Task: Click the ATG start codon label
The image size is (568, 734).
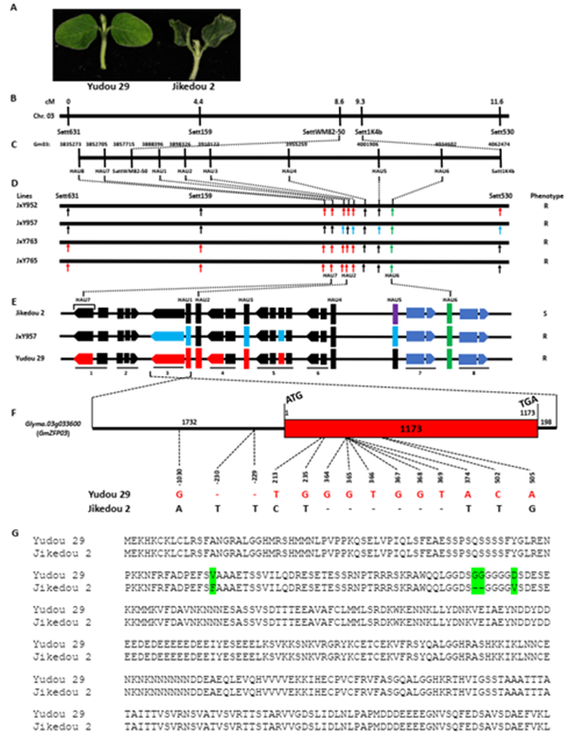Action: coord(293,398)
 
